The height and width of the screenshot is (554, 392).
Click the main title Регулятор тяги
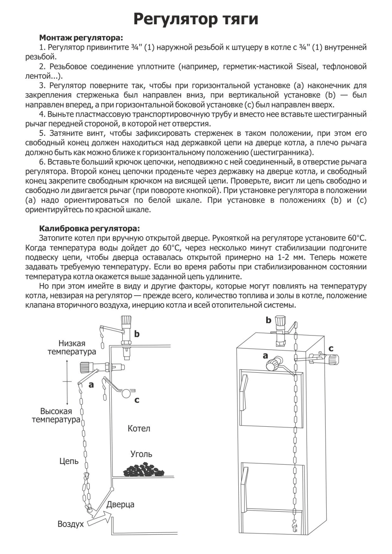click(x=196, y=19)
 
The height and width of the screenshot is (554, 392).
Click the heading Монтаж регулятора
click(x=81, y=38)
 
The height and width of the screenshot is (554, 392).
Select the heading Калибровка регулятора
click(x=89, y=228)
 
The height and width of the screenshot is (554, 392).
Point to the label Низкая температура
click(x=72, y=348)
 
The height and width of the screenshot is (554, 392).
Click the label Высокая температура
click(x=56, y=415)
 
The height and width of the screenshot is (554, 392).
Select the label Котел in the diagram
click(x=139, y=428)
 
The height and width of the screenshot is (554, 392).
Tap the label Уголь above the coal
click(x=141, y=454)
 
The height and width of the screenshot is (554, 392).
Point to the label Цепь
click(x=69, y=461)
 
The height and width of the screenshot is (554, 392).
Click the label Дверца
click(x=120, y=504)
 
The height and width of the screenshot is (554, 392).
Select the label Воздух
click(x=71, y=524)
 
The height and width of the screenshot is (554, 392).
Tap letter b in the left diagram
click(x=137, y=334)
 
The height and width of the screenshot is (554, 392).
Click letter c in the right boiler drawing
click(x=331, y=348)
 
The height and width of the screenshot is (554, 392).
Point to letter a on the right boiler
click(x=265, y=355)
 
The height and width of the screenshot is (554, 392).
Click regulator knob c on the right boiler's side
click(x=334, y=358)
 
